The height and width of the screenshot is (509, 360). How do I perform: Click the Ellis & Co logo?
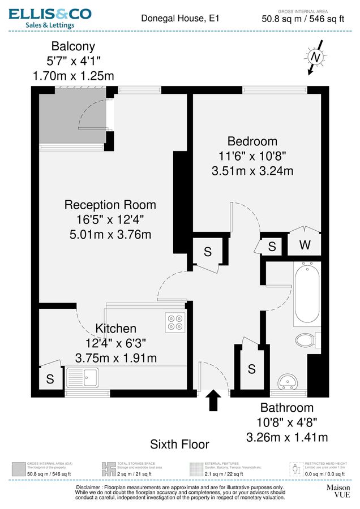pos(50,17)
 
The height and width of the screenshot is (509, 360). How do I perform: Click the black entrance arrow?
pos(213,400)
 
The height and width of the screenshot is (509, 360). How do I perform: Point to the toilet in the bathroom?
pos(306,340)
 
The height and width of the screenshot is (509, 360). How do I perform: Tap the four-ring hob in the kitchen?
pos(175,321)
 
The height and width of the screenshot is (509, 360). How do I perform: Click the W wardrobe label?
pos(305,245)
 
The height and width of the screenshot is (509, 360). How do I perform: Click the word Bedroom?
pos(252,141)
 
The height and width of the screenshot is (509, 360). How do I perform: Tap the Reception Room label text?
pos(110,205)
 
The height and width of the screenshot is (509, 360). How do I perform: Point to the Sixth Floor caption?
pos(179,445)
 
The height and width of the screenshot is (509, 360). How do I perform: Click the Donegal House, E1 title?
pos(179,19)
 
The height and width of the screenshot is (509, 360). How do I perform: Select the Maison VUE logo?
pos(338,490)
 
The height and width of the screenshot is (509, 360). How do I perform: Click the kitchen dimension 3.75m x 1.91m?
pos(116,357)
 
